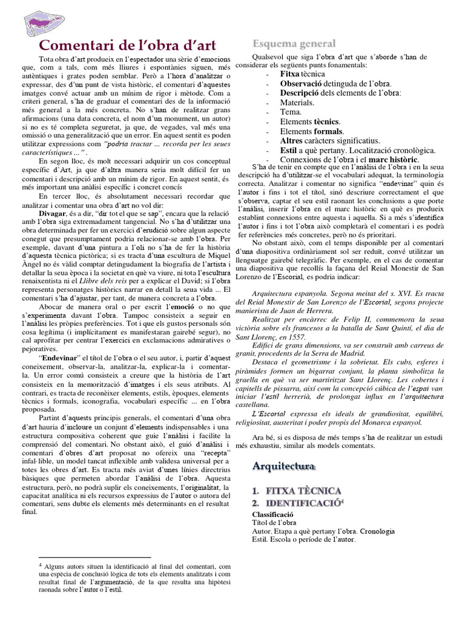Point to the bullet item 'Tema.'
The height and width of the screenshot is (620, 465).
[x=291, y=112]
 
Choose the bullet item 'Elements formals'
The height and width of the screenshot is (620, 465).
[x=312, y=131]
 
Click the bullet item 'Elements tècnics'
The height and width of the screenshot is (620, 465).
[x=310, y=122]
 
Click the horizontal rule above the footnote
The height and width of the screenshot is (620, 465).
[x=94, y=556]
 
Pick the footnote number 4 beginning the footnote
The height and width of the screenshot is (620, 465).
[x=40, y=564]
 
